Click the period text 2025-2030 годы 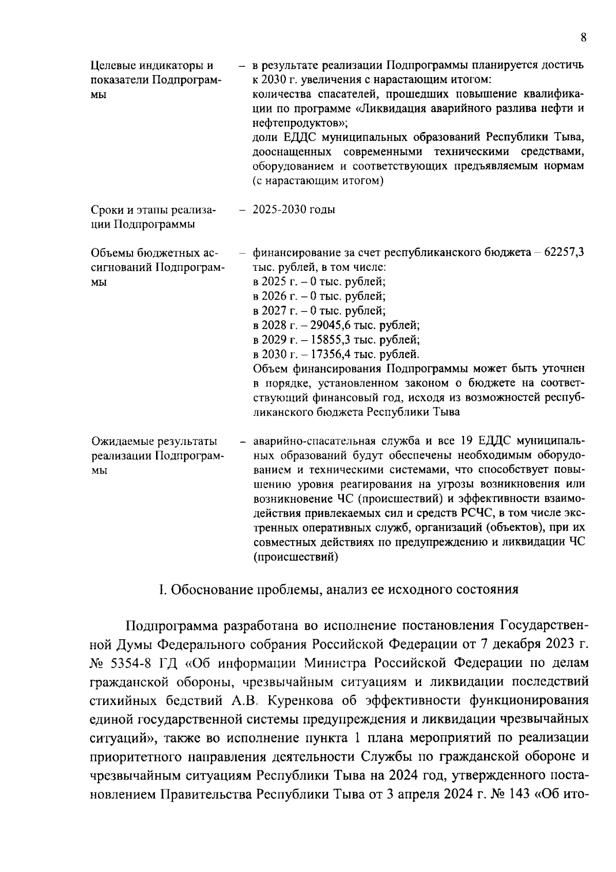pos(294,210)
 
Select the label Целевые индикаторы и pos(152,66)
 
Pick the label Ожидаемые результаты pos(154,441)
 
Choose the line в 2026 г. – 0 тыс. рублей pos(319,296)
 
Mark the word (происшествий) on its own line pos(296,556)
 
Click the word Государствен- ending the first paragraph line pos(544,626)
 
